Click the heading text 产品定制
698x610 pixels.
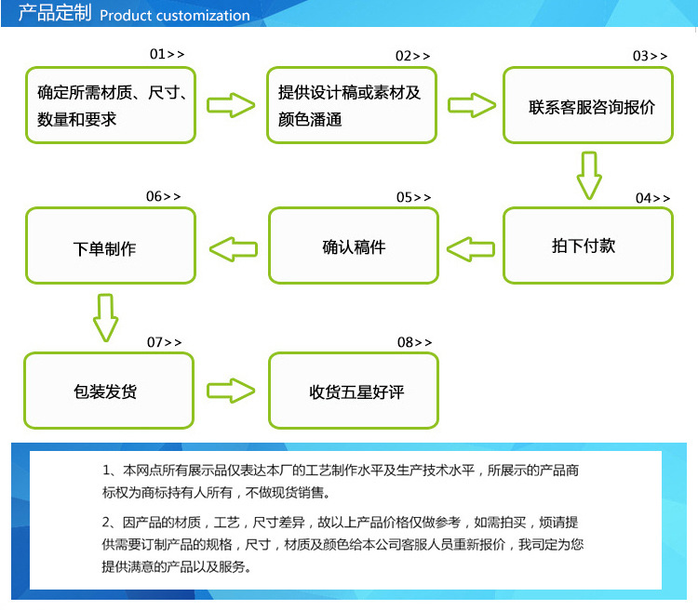pos(54,14)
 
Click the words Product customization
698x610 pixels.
pos(174,15)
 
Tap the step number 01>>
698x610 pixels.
pos(168,55)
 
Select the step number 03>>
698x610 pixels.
pos(651,56)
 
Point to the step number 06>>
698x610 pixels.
pos(164,196)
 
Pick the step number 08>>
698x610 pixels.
pos(416,342)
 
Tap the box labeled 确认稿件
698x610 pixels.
pos(354,247)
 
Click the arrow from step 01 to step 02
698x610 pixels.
pos(230,104)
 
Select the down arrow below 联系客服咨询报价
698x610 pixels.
pos(587,175)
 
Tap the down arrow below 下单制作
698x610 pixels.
pos(105,317)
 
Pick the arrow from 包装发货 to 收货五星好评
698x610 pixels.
pos(230,390)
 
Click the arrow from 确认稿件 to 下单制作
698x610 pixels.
pos(233,248)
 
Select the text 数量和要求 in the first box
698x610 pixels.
pos(77,119)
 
